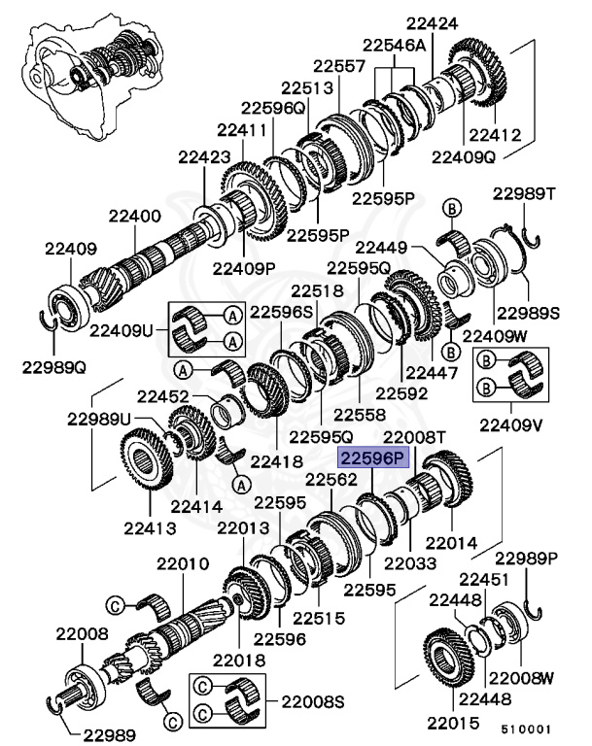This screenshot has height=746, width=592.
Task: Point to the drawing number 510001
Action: pyautogui.click(x=526, y=727)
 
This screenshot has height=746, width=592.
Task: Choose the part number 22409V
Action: pyautogui.click(x=509, y=424)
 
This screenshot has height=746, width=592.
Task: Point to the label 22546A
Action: pyautogui.click(x=395, y=45)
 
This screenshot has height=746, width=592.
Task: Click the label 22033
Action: pyautogui.click(x=408, y=562)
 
